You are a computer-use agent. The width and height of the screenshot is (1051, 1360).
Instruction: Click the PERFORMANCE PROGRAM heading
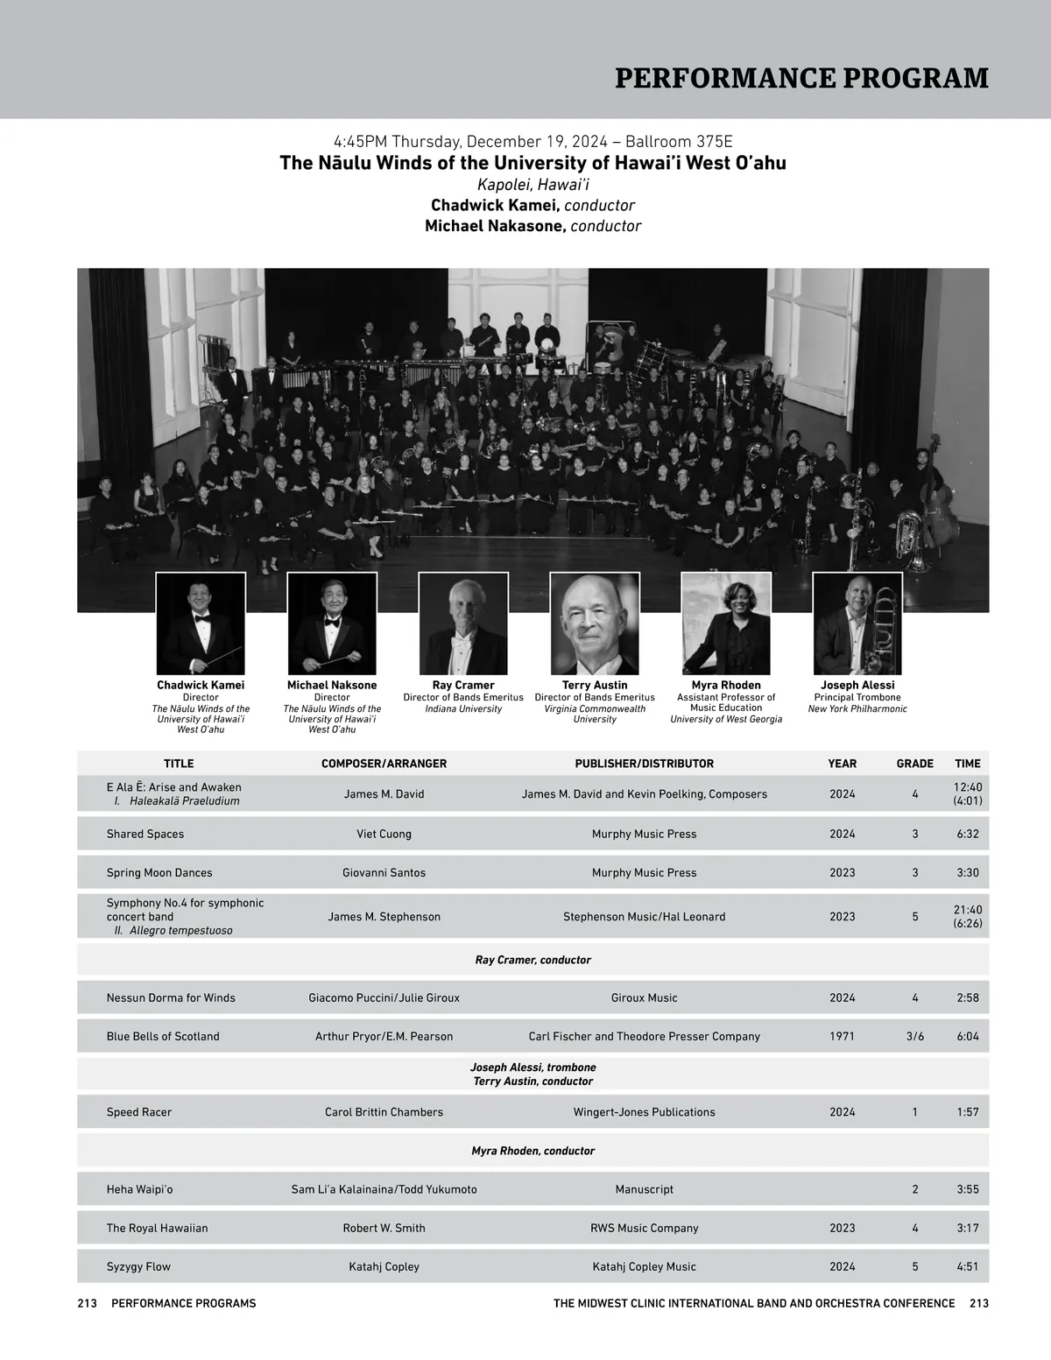click(x=801, y=78)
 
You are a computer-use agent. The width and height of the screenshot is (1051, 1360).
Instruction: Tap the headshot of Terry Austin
click(x=595, y=624)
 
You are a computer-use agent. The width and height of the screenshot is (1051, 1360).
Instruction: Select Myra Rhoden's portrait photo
click(x=726, y=624)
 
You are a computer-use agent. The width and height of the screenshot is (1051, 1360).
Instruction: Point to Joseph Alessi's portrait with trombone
click(x=857, y=624)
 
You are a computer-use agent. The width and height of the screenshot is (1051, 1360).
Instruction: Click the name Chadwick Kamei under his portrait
click(x=201, y=685)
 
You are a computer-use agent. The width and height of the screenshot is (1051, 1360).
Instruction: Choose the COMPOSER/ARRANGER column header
click(x=384, y=764)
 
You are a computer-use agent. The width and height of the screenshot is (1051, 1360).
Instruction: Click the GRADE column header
click(x=914, y=764)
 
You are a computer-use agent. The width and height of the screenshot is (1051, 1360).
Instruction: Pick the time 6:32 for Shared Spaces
click(x=968, y=834)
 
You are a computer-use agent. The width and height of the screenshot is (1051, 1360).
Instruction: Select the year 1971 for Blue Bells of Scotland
click(x=842, y=1036)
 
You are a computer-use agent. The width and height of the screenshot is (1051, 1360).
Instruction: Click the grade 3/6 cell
click(x=914, y=1036)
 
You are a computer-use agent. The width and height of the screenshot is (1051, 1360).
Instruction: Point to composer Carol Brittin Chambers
click(x=384, y=1112)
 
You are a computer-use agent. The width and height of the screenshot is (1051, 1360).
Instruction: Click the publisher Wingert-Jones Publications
click(x=644, y=1112)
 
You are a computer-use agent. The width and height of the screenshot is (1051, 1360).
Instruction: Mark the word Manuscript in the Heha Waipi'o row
click(x=644, y=1189)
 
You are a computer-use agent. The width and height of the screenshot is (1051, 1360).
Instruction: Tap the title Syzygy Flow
click(x=138, y=1266)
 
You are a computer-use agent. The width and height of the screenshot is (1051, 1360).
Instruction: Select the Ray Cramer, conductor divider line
click(x=533, y=960)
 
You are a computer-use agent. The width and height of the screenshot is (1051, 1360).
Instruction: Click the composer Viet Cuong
click(x=384, y=834)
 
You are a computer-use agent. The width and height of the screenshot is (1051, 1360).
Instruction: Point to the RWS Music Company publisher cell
click(x=644, y=1228)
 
